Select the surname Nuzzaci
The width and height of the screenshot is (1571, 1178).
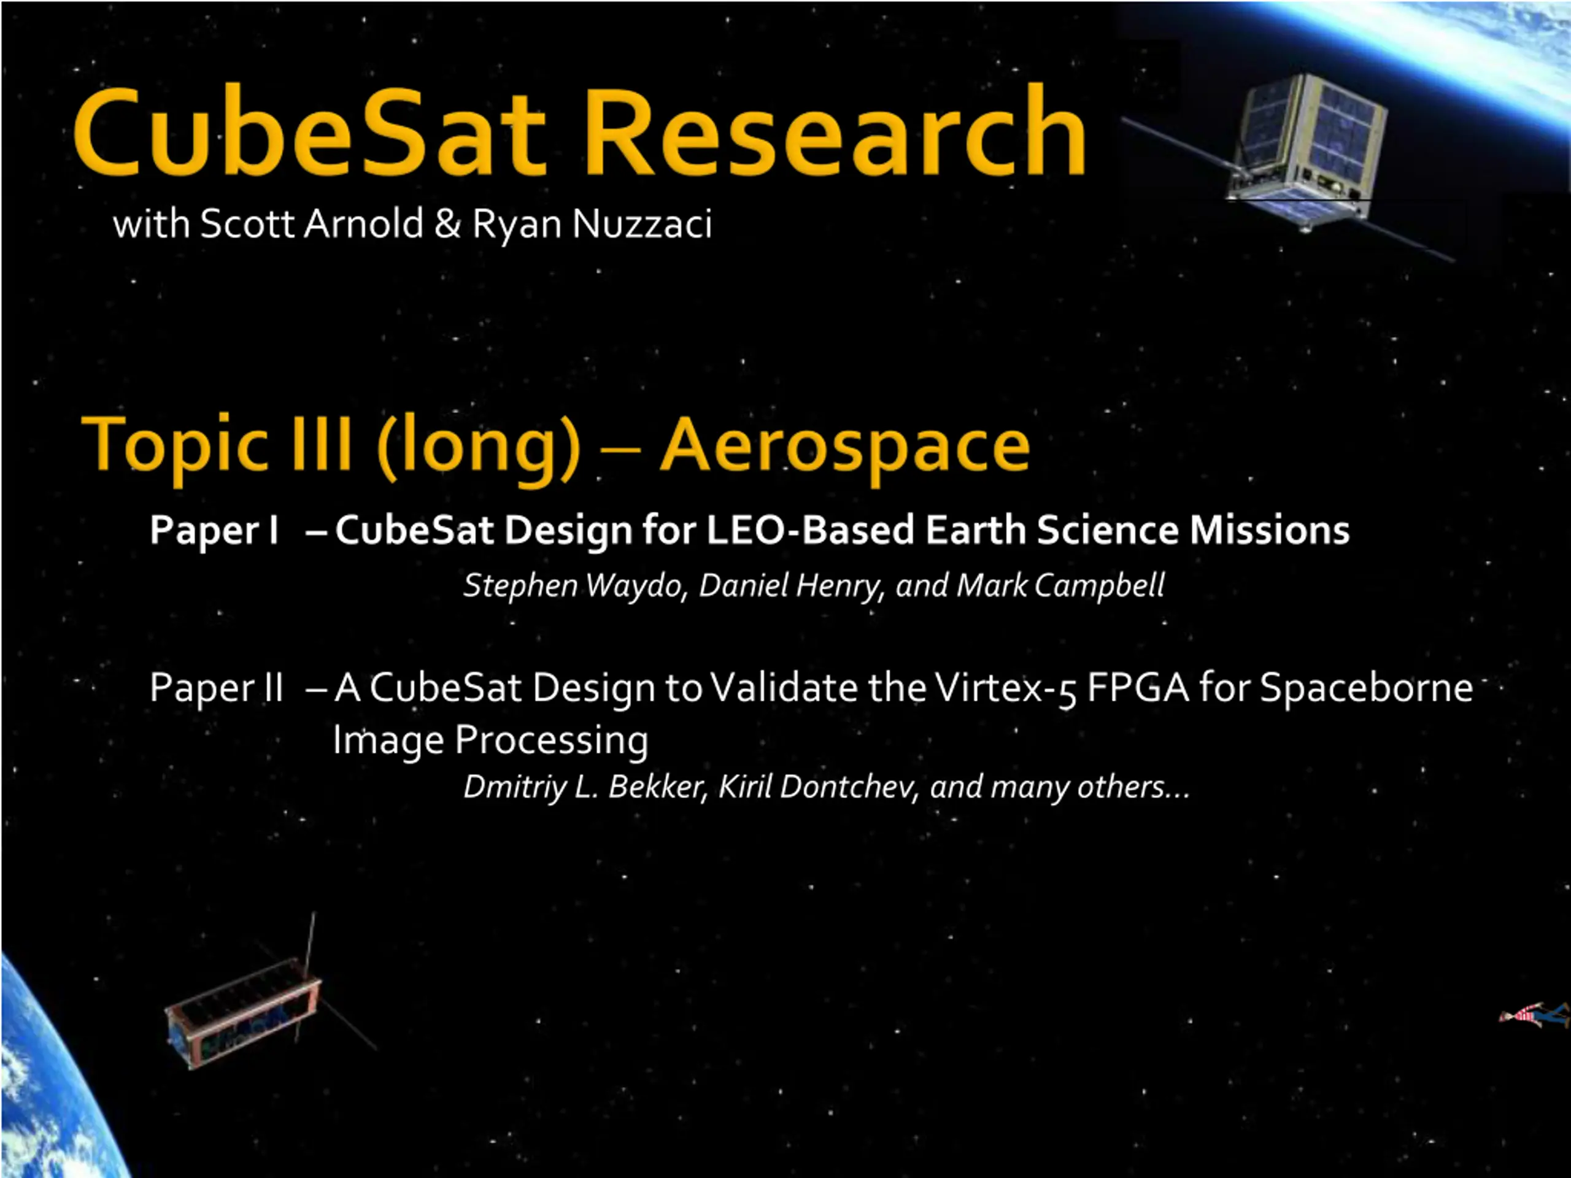tap(641, 224)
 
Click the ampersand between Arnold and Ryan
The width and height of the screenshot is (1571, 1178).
tap(447, 224)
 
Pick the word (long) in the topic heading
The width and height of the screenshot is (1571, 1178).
tap(479, 447)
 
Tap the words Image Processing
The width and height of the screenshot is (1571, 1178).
tap(491, 741)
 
